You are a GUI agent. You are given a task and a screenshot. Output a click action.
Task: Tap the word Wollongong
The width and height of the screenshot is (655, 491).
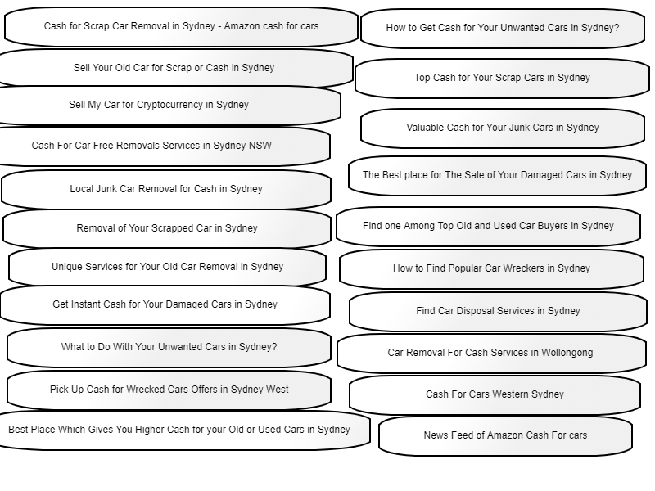(x=567, y=353)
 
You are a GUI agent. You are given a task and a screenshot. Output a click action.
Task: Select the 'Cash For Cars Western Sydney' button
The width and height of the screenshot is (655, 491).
(x=495, y=394)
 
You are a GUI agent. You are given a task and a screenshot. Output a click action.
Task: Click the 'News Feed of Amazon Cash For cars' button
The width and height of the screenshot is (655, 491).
(x=505, y=435)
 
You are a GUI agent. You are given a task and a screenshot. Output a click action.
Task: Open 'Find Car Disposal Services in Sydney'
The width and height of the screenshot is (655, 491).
(x=498, y=311)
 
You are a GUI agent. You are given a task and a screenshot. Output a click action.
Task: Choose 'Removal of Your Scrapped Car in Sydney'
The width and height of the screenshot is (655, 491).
(x=167, y=228)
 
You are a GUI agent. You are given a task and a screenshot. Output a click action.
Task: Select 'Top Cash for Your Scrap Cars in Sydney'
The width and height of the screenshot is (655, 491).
(x=502, y=78)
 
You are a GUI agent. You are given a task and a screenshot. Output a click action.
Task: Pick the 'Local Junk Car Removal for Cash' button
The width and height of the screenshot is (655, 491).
(x=166, y=189)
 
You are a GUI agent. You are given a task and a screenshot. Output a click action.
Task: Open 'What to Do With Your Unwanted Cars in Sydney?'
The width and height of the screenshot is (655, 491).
(x=169, y=347)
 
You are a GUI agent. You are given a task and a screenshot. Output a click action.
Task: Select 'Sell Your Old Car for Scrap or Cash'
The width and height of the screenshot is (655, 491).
(x=174, y=68)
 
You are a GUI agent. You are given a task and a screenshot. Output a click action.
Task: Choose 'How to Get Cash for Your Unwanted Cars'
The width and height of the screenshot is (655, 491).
(x=503, y=28)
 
